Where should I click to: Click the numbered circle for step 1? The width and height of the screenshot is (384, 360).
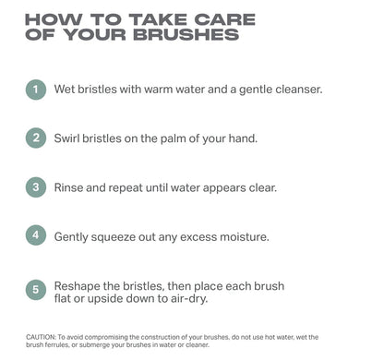click(35, 90)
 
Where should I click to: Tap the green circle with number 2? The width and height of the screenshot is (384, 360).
click(35, 138)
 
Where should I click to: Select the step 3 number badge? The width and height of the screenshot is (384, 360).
click(35, 186)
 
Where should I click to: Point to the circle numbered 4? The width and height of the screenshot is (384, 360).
click(35, 235)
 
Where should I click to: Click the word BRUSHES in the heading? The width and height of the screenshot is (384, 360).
click(185, 36)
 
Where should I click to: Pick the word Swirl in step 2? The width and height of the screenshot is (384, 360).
click(70, 138)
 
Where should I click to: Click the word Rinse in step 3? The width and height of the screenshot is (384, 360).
click(71, 187)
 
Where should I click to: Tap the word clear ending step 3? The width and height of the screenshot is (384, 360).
click(258, 187)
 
